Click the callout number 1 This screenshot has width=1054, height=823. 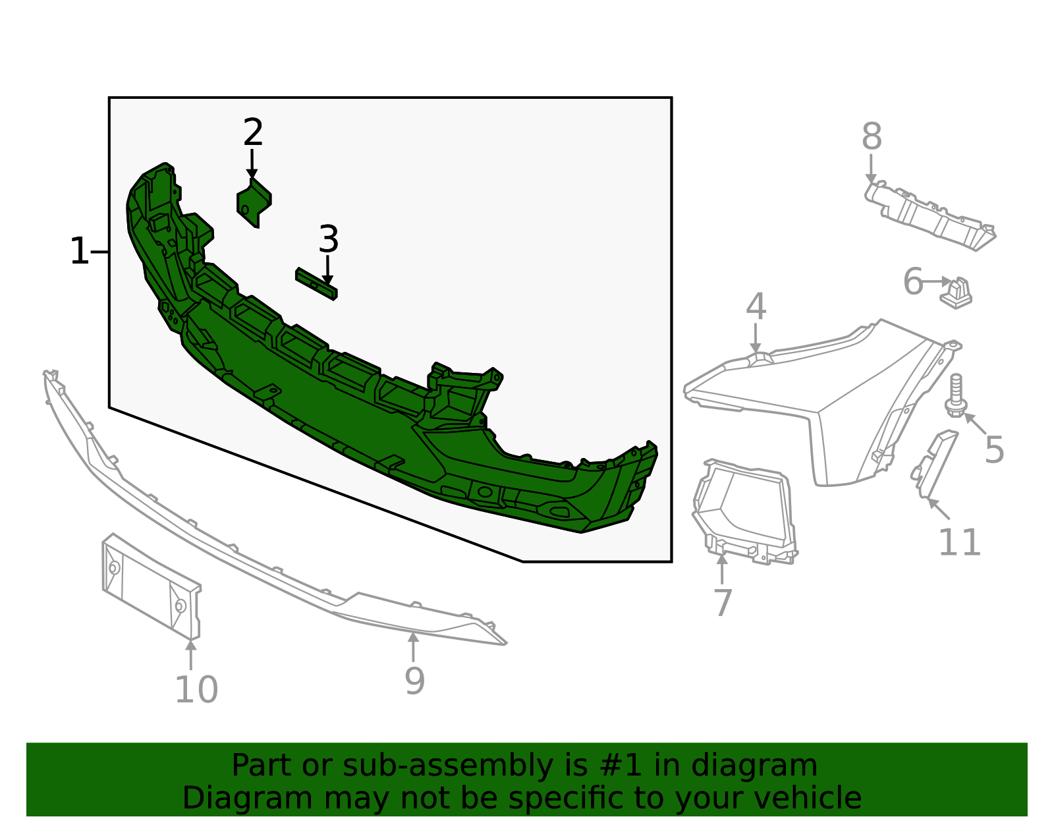coord(78,252)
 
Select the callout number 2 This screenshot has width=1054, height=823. coord(253,133)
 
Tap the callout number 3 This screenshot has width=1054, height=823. coord(328,240)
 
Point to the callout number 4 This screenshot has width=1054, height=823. coord(756,307)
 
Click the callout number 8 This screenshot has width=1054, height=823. coord(871,138)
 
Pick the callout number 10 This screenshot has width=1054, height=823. coord(196,690)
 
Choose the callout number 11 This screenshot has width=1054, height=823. coord(959,543)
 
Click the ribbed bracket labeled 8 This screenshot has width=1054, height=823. coord(929,214)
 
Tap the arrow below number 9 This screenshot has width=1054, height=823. coord(413,647)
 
